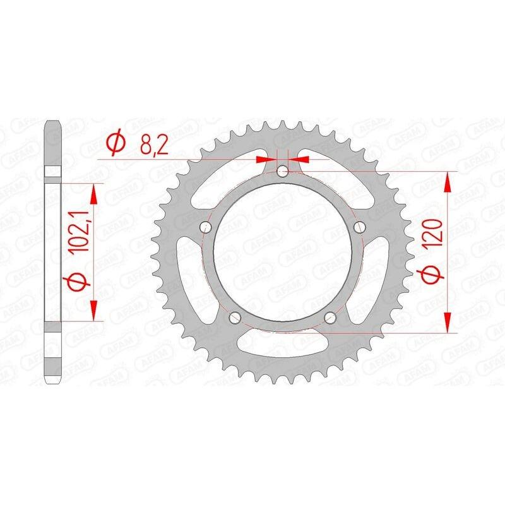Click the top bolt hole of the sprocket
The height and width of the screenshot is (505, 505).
click(x=284, y=171)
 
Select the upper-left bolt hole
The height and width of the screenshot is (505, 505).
click(x=205, y=227)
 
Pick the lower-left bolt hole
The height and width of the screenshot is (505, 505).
click(x=235, y=318)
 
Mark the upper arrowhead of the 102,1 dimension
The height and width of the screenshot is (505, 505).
click(x=95, y=193)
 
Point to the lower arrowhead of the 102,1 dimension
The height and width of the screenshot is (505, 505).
click(x=95, y=311)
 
